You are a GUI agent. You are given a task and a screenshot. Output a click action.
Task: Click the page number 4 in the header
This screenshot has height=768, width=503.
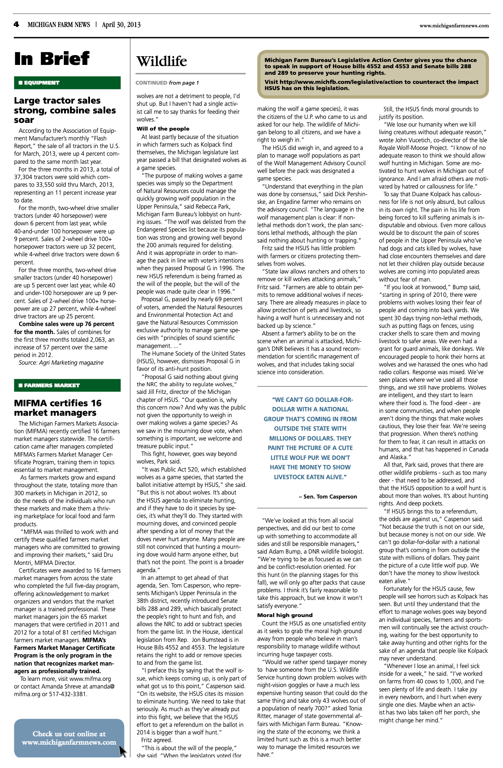16,25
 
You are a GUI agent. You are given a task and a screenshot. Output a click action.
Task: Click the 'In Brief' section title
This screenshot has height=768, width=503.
52,59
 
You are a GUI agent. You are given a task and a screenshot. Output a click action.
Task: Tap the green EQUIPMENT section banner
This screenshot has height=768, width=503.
67,83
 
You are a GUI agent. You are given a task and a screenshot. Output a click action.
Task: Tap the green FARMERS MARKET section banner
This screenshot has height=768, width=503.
67,385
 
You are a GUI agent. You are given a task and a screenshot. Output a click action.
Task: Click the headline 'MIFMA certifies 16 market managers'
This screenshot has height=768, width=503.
58,408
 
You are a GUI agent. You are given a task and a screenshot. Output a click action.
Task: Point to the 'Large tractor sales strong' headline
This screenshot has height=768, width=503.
65,110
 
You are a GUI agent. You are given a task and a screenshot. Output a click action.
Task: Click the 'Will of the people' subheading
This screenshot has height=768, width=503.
163,129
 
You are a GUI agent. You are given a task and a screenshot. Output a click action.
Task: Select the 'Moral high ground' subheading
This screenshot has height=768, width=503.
285,615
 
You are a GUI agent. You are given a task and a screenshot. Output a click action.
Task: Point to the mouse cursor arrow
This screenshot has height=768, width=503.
122,750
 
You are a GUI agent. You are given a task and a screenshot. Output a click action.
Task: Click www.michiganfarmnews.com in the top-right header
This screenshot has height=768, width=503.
454,26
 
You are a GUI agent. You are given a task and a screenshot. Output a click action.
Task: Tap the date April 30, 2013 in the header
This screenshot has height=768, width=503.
121,25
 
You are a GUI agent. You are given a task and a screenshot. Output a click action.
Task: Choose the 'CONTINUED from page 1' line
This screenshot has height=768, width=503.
167,83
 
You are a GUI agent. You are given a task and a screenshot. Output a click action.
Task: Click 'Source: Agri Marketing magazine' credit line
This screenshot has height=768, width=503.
61,362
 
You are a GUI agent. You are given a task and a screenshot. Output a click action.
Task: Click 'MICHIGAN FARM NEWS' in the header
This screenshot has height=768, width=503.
59,25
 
